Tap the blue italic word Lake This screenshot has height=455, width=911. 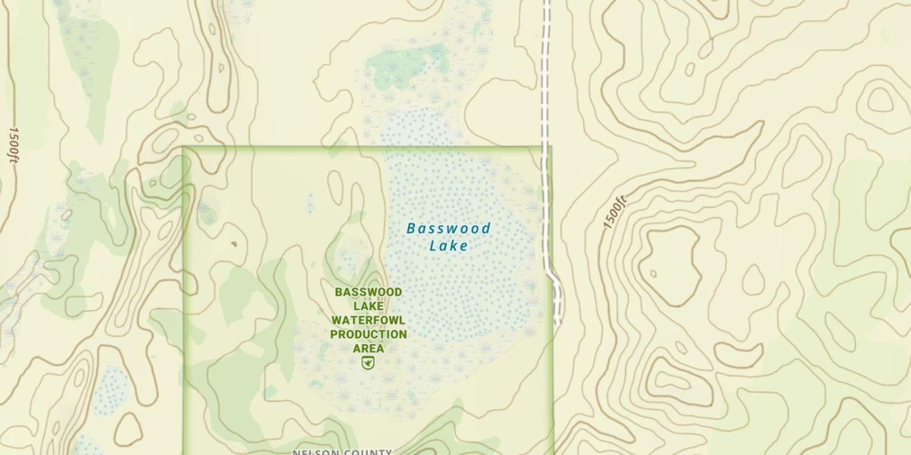point(448,246)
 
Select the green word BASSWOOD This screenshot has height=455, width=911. point(368,292)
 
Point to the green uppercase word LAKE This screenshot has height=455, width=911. point(368,306)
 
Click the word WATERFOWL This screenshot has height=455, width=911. point(368,320)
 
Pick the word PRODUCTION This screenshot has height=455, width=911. point(368,334)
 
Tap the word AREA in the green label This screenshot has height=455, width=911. point(368,348)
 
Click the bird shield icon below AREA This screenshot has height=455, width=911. point(367,363)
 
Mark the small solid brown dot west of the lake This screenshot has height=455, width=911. point(233,244)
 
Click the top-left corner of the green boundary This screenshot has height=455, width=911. point(184,147)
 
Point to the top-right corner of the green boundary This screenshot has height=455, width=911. point(550,147)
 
